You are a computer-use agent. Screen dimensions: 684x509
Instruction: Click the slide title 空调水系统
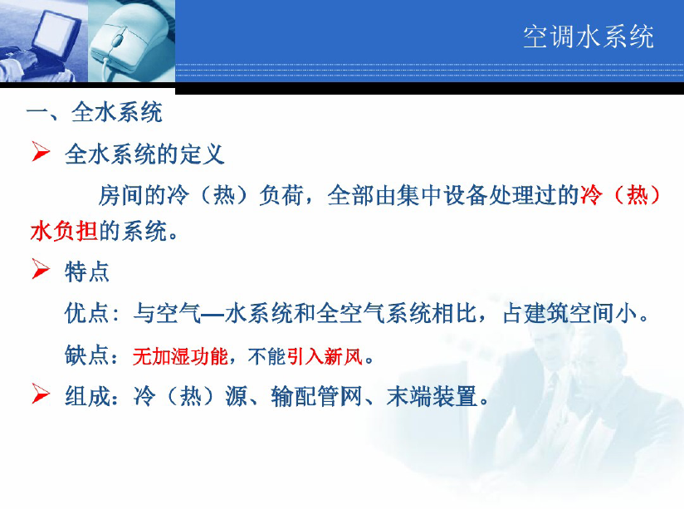click(589, 37)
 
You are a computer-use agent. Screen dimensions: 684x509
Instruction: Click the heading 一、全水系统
click(95, 113)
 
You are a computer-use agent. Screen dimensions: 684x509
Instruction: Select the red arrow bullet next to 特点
click(41, 268)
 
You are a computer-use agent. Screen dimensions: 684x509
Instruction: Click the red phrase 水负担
click(64, 231)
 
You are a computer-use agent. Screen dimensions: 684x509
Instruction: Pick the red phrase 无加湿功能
click(180, 356)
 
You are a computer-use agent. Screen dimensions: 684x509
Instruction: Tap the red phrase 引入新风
click(325, 356)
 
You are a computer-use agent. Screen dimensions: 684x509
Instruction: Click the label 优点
click(86, 313)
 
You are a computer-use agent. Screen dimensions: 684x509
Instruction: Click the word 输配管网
click(315, 396)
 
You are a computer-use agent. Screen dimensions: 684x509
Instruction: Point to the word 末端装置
click(432, 396)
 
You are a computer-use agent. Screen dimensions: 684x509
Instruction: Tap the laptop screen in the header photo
click(56, 32)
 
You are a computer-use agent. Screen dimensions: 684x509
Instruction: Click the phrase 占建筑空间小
click(570, 313)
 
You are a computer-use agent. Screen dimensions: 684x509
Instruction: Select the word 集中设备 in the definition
click(442, 194)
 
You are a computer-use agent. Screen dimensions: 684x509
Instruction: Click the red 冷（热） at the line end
click(619, 194)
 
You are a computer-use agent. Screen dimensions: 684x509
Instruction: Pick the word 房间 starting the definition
click(121, 194)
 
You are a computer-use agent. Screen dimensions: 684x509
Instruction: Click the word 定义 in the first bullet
click(202, 154)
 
